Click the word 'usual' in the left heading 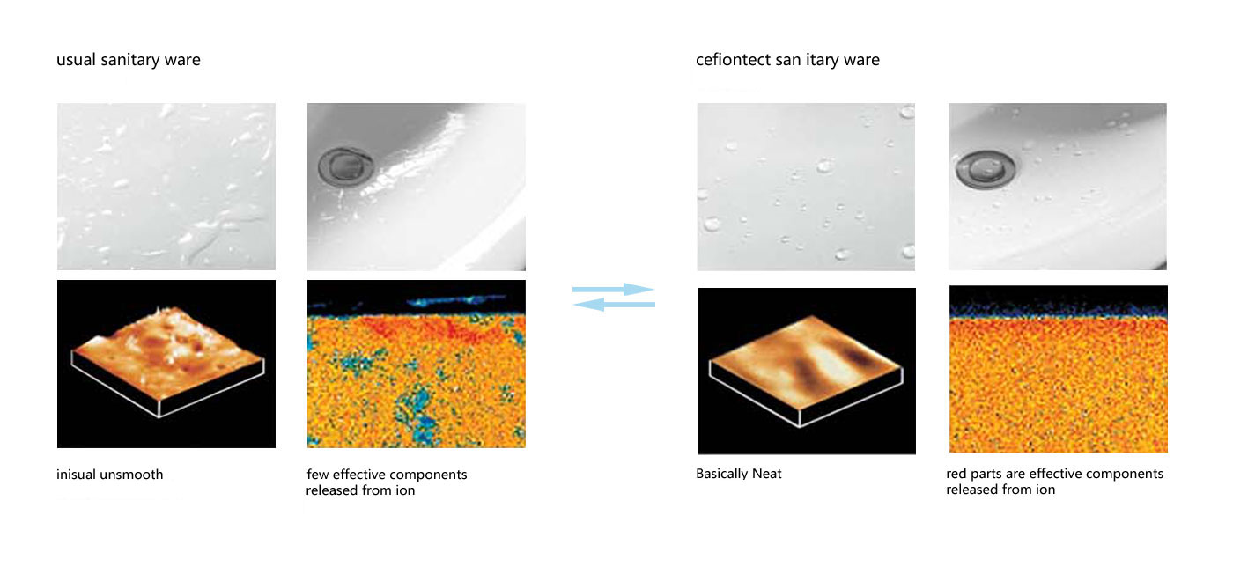(x=76, y=60)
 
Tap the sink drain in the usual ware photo (x=345, y=166)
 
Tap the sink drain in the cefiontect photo (x=985, y=169)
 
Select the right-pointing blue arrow (x=613, y=289)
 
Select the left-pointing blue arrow (x=615, y=305)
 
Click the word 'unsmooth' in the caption (x=133, y=475)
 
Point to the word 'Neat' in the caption (x=767, y=474)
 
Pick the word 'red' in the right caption (x=956, y=474)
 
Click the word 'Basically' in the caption (x=721, y=474)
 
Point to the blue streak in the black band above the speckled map (x=456, y=300)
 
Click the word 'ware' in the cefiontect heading (x=861, y=60)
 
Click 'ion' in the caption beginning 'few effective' (x=404, y=490)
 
